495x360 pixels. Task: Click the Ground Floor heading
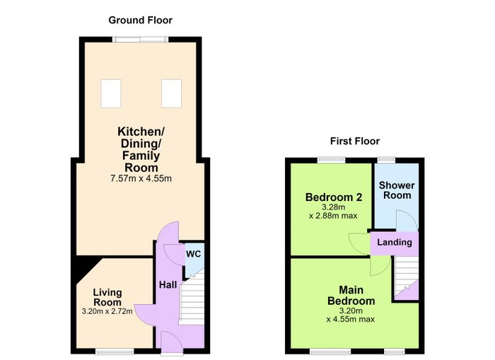(140, 21)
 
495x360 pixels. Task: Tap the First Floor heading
(355, 141)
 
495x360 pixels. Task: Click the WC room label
(193, 254)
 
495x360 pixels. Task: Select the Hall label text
(168, 285)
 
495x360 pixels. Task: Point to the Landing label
(395, 242)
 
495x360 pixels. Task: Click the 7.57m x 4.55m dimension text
(141, 178)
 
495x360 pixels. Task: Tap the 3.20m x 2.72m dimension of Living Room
(107, 311)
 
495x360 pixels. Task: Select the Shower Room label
(397, 190)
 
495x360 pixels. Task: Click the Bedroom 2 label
(334, 197)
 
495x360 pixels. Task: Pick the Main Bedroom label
(351, 295)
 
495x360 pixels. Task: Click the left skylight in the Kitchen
(111, 93)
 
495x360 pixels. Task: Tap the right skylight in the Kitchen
(171, 93)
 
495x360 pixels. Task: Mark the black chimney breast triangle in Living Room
(85, 269)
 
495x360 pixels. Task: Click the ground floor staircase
(192, 298)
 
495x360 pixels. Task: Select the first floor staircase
(406, 275)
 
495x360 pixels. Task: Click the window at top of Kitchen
(141, 40)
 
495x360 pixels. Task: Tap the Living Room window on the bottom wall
(115, 351)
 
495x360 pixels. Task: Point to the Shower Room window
(387, 160)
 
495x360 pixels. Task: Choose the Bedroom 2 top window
(332, 160)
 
